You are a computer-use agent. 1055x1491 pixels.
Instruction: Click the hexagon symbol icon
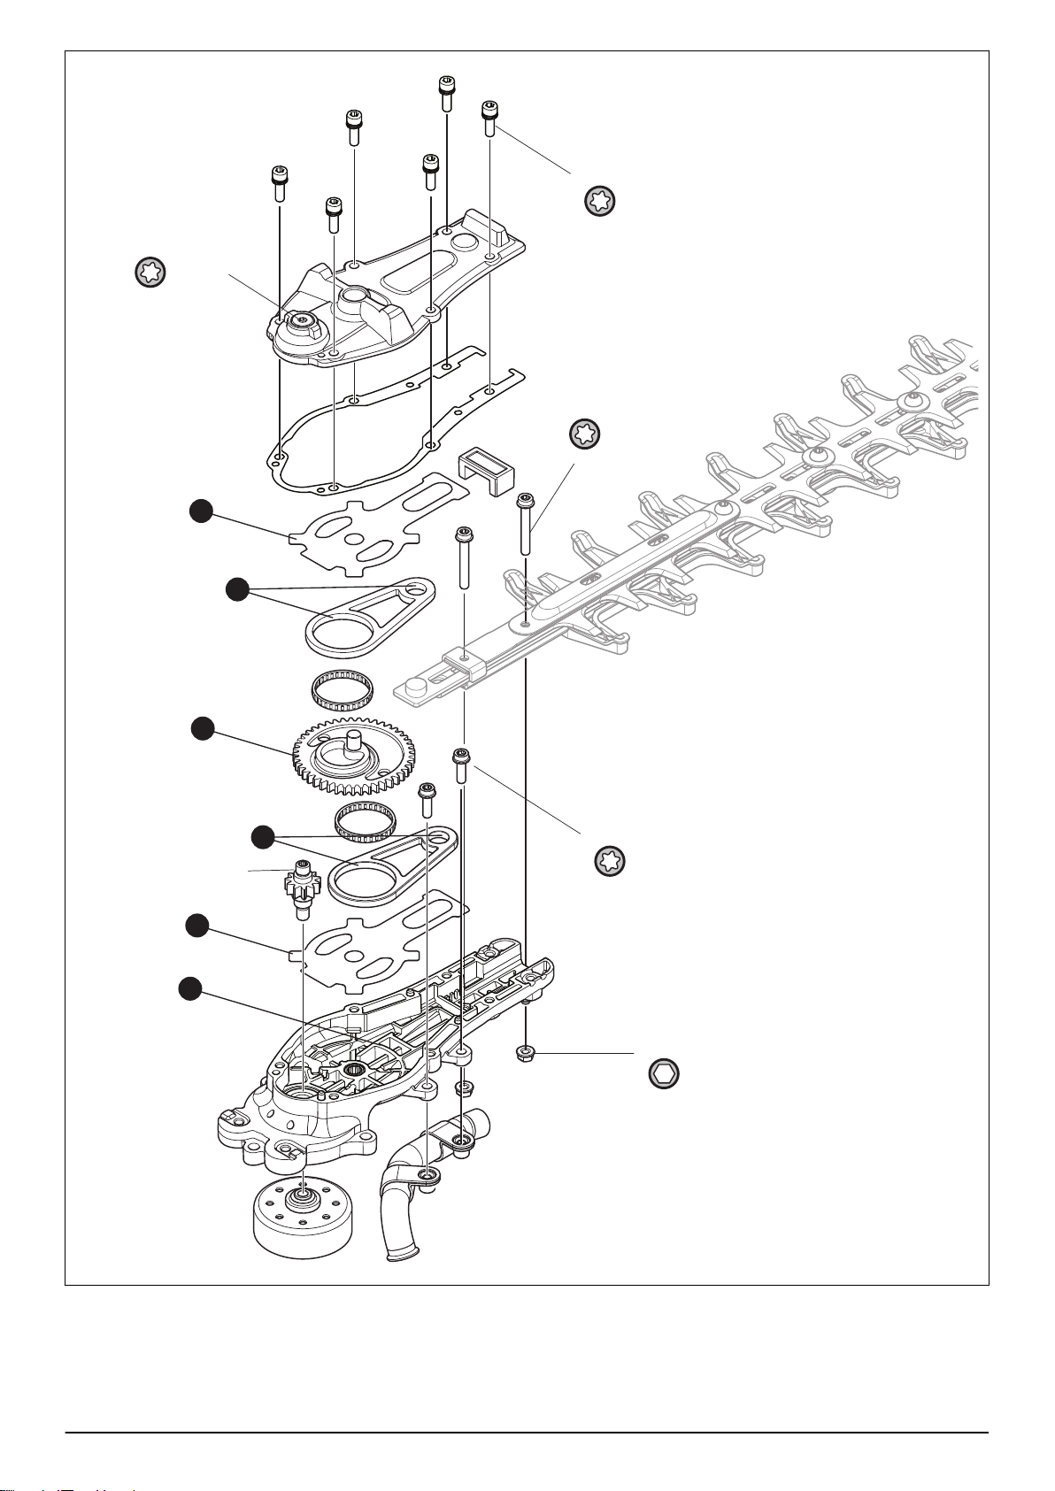coord(663,1072)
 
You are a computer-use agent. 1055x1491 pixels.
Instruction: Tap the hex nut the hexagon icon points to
coord(524,1054)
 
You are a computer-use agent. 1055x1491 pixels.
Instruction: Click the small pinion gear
coord(301,886)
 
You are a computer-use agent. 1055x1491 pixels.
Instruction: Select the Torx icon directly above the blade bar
coord(584,434)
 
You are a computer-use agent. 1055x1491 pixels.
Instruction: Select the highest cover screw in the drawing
coord(447,91)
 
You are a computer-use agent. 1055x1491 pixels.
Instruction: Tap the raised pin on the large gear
coord(354,740)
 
